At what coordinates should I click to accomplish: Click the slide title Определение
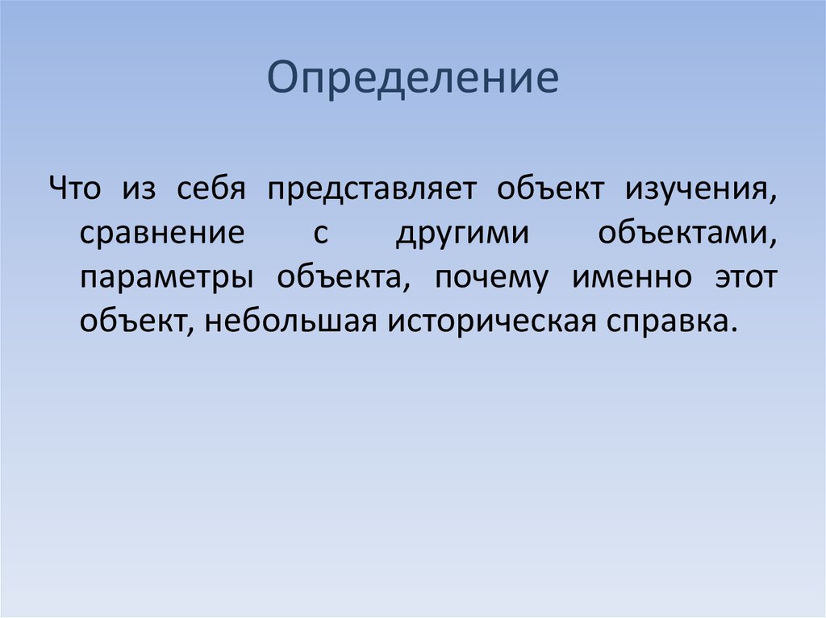[x=413, y=79]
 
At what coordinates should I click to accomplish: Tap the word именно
[x=632, y=277]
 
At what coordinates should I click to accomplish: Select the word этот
[x=745, y=277]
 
